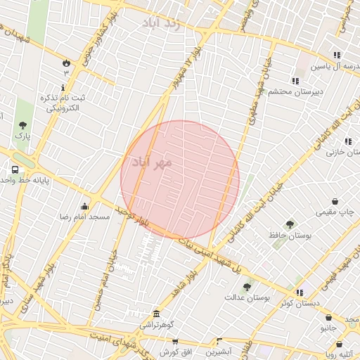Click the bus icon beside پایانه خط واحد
15,169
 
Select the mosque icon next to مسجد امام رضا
85,206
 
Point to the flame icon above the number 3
66,62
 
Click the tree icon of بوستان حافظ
290,224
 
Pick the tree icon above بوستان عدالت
247,287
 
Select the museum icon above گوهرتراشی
155,314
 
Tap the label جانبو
330,328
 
